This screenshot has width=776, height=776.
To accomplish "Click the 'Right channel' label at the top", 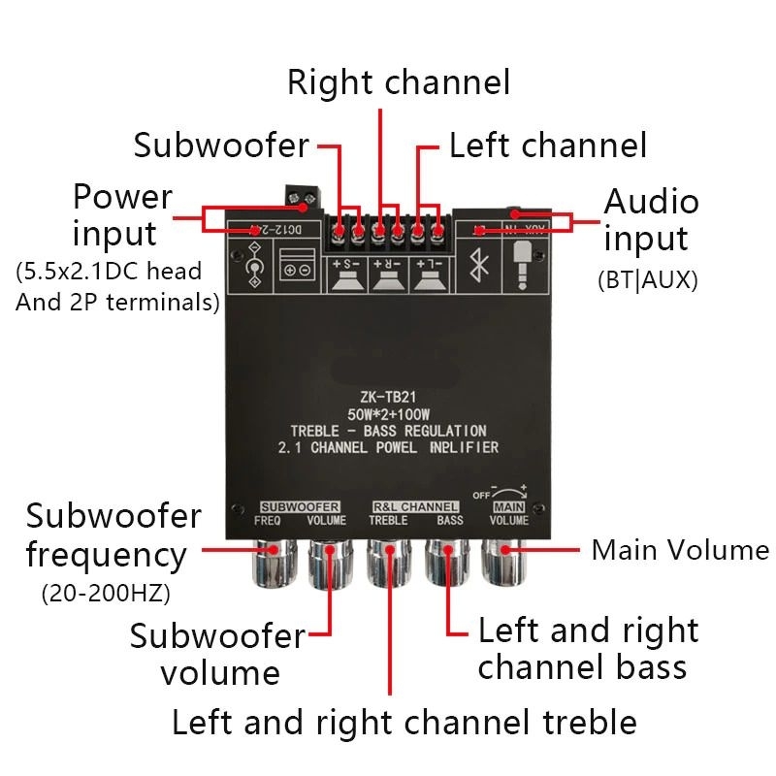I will tap(398, 82).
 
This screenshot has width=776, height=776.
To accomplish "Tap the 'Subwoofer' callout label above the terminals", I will tap(221, 145).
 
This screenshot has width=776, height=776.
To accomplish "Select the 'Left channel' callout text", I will tap(547, 145).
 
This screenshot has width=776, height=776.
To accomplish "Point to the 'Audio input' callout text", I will tap(651, 220).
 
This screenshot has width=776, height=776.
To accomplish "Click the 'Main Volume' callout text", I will tap(680, 550).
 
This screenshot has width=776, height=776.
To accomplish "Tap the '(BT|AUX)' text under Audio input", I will tap(647, 280).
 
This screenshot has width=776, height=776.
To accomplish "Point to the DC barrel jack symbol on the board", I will tap(254, 266).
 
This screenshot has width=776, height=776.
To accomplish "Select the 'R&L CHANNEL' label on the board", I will tap(415, 506).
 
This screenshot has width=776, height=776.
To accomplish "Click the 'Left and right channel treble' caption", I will tap(404, 723).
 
